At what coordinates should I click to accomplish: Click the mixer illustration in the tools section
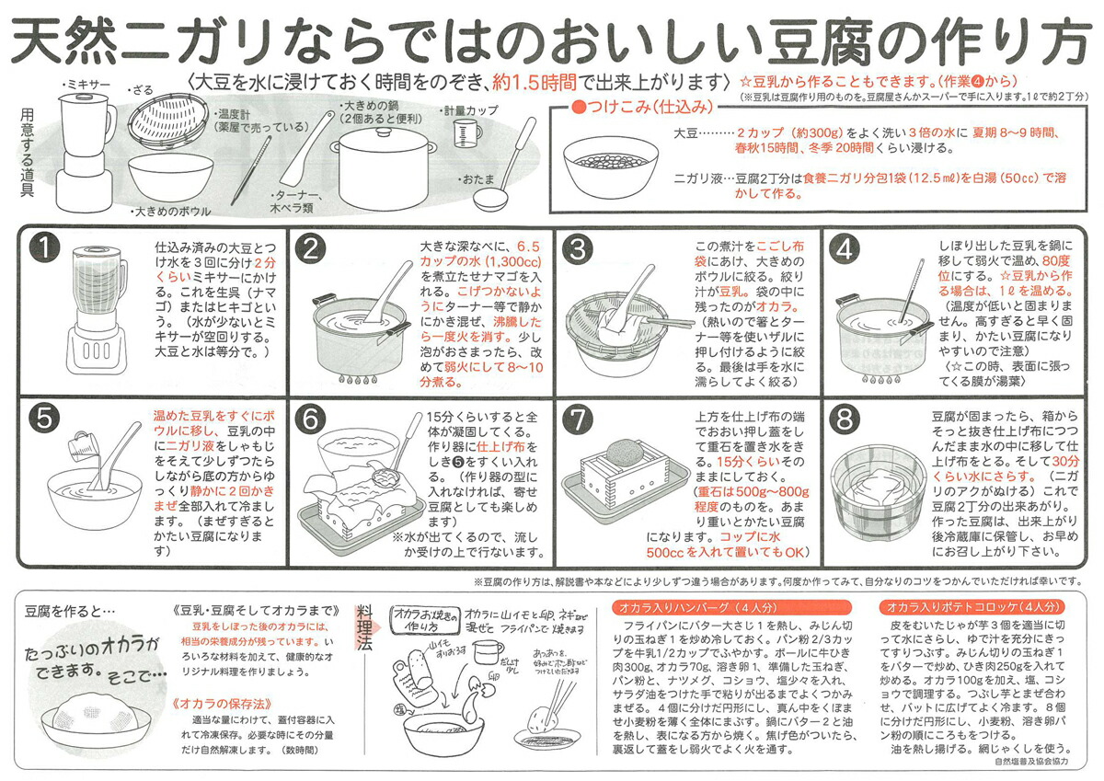[86, 143]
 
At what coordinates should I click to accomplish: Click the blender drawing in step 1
[93, 308]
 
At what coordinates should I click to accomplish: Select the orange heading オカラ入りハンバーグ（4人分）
[696, 607]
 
